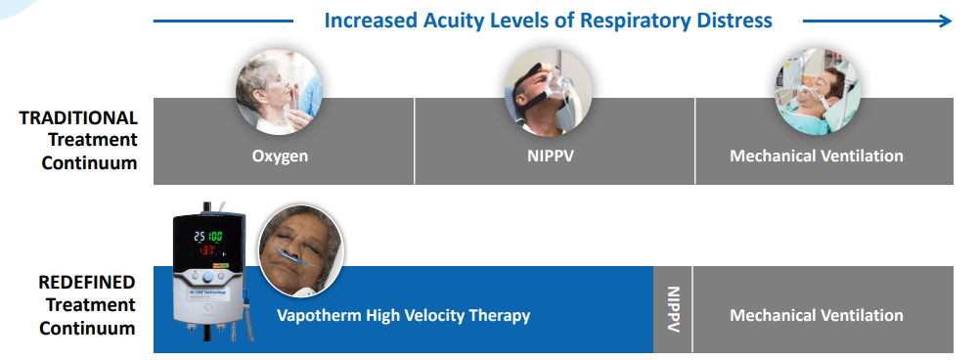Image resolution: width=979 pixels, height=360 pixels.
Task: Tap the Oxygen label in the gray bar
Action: (280, 156)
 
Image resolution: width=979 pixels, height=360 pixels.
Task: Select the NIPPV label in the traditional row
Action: (550, 155)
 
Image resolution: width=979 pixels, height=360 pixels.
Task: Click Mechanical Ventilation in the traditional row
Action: (816, 155)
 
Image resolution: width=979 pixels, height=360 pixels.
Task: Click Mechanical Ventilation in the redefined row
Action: (816, 315)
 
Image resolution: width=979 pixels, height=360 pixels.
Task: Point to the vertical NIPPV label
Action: (673, 309)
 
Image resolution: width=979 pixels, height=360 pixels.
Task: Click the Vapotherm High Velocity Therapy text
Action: (403, 315)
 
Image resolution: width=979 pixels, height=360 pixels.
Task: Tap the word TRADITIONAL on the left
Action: (78, 117)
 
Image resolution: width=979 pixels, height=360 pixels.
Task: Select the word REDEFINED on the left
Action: (87, 283)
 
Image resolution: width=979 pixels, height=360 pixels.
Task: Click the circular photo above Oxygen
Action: (279, 91)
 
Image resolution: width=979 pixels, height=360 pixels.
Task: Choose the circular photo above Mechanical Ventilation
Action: (818, 91)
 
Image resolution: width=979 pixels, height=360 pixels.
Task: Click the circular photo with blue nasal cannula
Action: (301, 250)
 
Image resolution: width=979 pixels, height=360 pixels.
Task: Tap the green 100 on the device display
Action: (215, 237)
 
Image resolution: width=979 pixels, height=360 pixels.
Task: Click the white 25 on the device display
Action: (200, 237)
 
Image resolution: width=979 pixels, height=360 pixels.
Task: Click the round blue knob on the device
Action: (207, 276)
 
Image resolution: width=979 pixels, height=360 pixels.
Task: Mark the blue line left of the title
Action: (223, 22)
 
